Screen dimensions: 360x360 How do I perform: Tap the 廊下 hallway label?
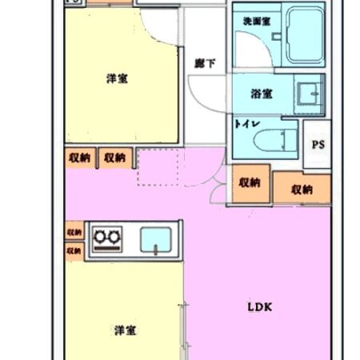[x=205, y=62]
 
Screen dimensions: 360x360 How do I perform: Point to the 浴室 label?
[x=262, y=94]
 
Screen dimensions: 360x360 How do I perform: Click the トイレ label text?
[x=244, y=124]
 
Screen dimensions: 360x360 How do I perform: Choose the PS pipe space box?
[x=318, y=145]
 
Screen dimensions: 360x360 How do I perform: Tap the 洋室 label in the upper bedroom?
[x=118, y=78]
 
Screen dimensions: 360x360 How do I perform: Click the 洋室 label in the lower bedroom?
[x=123, y=330]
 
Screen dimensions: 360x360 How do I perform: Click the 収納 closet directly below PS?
[x=302, y=189]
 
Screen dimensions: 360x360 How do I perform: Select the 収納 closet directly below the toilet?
[x=249, y=182]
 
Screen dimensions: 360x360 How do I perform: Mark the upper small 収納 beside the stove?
[x=74, y=232]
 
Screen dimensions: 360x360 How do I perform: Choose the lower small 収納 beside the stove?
[x=74, y=251]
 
